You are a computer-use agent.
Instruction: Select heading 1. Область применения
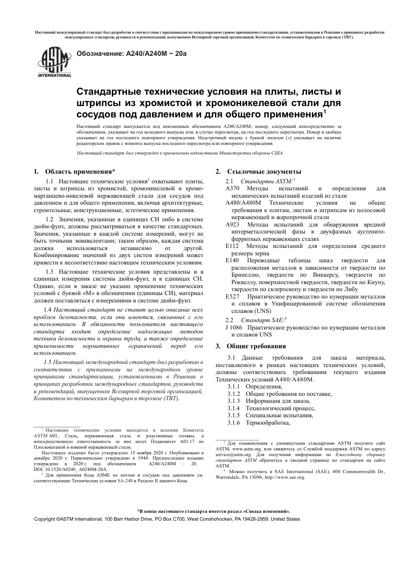[75, 172]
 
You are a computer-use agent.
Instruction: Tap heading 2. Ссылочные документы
[258, 172]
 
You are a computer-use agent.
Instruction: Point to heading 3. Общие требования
[251, 346]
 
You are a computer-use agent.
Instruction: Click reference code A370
[232, 189]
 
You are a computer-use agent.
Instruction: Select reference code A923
[232, 225]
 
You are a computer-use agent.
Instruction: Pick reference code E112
[232, 246]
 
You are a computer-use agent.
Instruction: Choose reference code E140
[232, 261]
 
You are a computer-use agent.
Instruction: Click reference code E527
[232, 296]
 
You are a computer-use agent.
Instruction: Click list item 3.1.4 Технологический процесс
[271, 408]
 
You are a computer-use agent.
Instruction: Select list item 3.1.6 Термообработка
[259, 422]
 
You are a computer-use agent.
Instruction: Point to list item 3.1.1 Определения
[255, 387]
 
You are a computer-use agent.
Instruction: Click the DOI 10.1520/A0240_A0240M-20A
[70, 469]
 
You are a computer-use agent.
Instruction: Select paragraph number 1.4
[48, 310]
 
